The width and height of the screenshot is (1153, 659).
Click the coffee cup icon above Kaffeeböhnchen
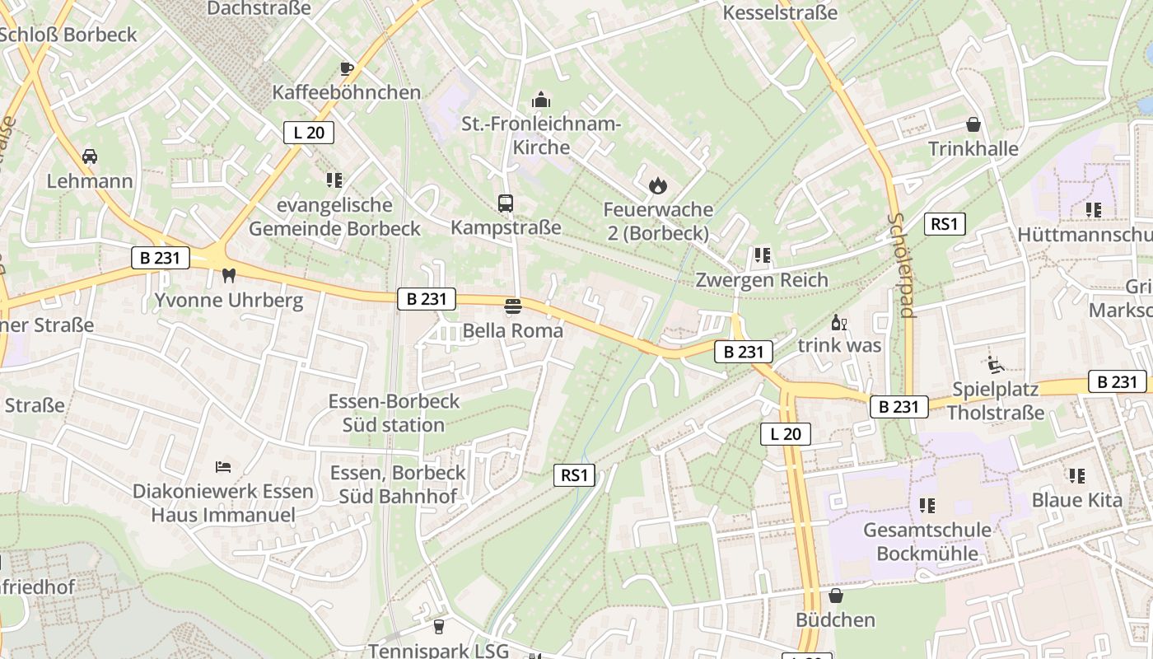(347, 68)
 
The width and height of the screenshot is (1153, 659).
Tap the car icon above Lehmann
(90, 157)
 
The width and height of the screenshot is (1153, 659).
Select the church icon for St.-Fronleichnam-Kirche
(540, 100)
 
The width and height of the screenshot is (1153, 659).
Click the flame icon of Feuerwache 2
(657, 185)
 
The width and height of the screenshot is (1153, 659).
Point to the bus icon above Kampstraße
(506, 203)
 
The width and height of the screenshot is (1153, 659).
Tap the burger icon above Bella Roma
(513, 306)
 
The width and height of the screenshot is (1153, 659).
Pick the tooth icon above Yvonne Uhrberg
(229, 275)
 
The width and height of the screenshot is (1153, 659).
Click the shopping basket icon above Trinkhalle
(973, 124)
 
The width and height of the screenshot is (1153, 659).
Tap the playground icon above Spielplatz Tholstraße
(995, 363)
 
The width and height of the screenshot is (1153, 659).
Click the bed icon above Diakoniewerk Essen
(222, 467)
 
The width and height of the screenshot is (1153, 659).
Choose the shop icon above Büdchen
(836, 595)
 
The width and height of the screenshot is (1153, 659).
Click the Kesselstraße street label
(779, 12)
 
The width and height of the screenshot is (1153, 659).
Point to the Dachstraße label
(259, 8)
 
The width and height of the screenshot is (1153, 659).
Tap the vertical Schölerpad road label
(902, 265)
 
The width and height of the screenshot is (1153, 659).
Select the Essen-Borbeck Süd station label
(394, 414)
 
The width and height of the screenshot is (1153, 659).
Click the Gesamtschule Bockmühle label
(927, 541)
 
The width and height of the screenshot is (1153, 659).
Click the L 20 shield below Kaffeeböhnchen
(309, 133)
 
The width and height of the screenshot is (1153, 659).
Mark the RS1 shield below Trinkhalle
(944, 224)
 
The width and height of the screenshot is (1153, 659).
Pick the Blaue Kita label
(1076, 500)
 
